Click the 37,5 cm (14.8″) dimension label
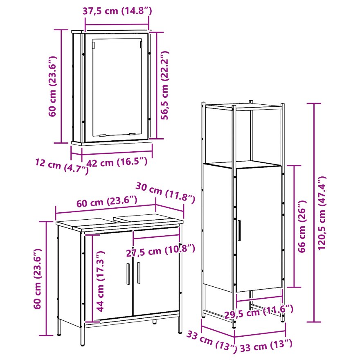pos(117,11)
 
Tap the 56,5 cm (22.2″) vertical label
pos(165,85)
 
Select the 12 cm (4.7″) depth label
pos(61,166)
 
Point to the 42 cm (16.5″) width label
pos(117,162)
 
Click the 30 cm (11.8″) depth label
pos(165,193)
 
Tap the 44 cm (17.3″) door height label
pos(100,281)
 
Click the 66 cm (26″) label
pos(302,226)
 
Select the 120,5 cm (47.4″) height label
pos(322,213)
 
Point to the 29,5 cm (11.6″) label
pos(259,312)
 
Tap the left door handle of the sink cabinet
pos(128,274)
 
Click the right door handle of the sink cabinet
pos(139,273)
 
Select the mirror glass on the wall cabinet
pos(117,87)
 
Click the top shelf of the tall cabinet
pos(243,107)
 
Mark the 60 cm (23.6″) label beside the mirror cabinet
pos(52,86)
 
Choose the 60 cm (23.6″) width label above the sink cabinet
pos(107,201)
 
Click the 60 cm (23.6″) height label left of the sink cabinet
pos(37,279)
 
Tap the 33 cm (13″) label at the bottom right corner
pos(266,346)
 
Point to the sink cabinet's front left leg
pos(83,336)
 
